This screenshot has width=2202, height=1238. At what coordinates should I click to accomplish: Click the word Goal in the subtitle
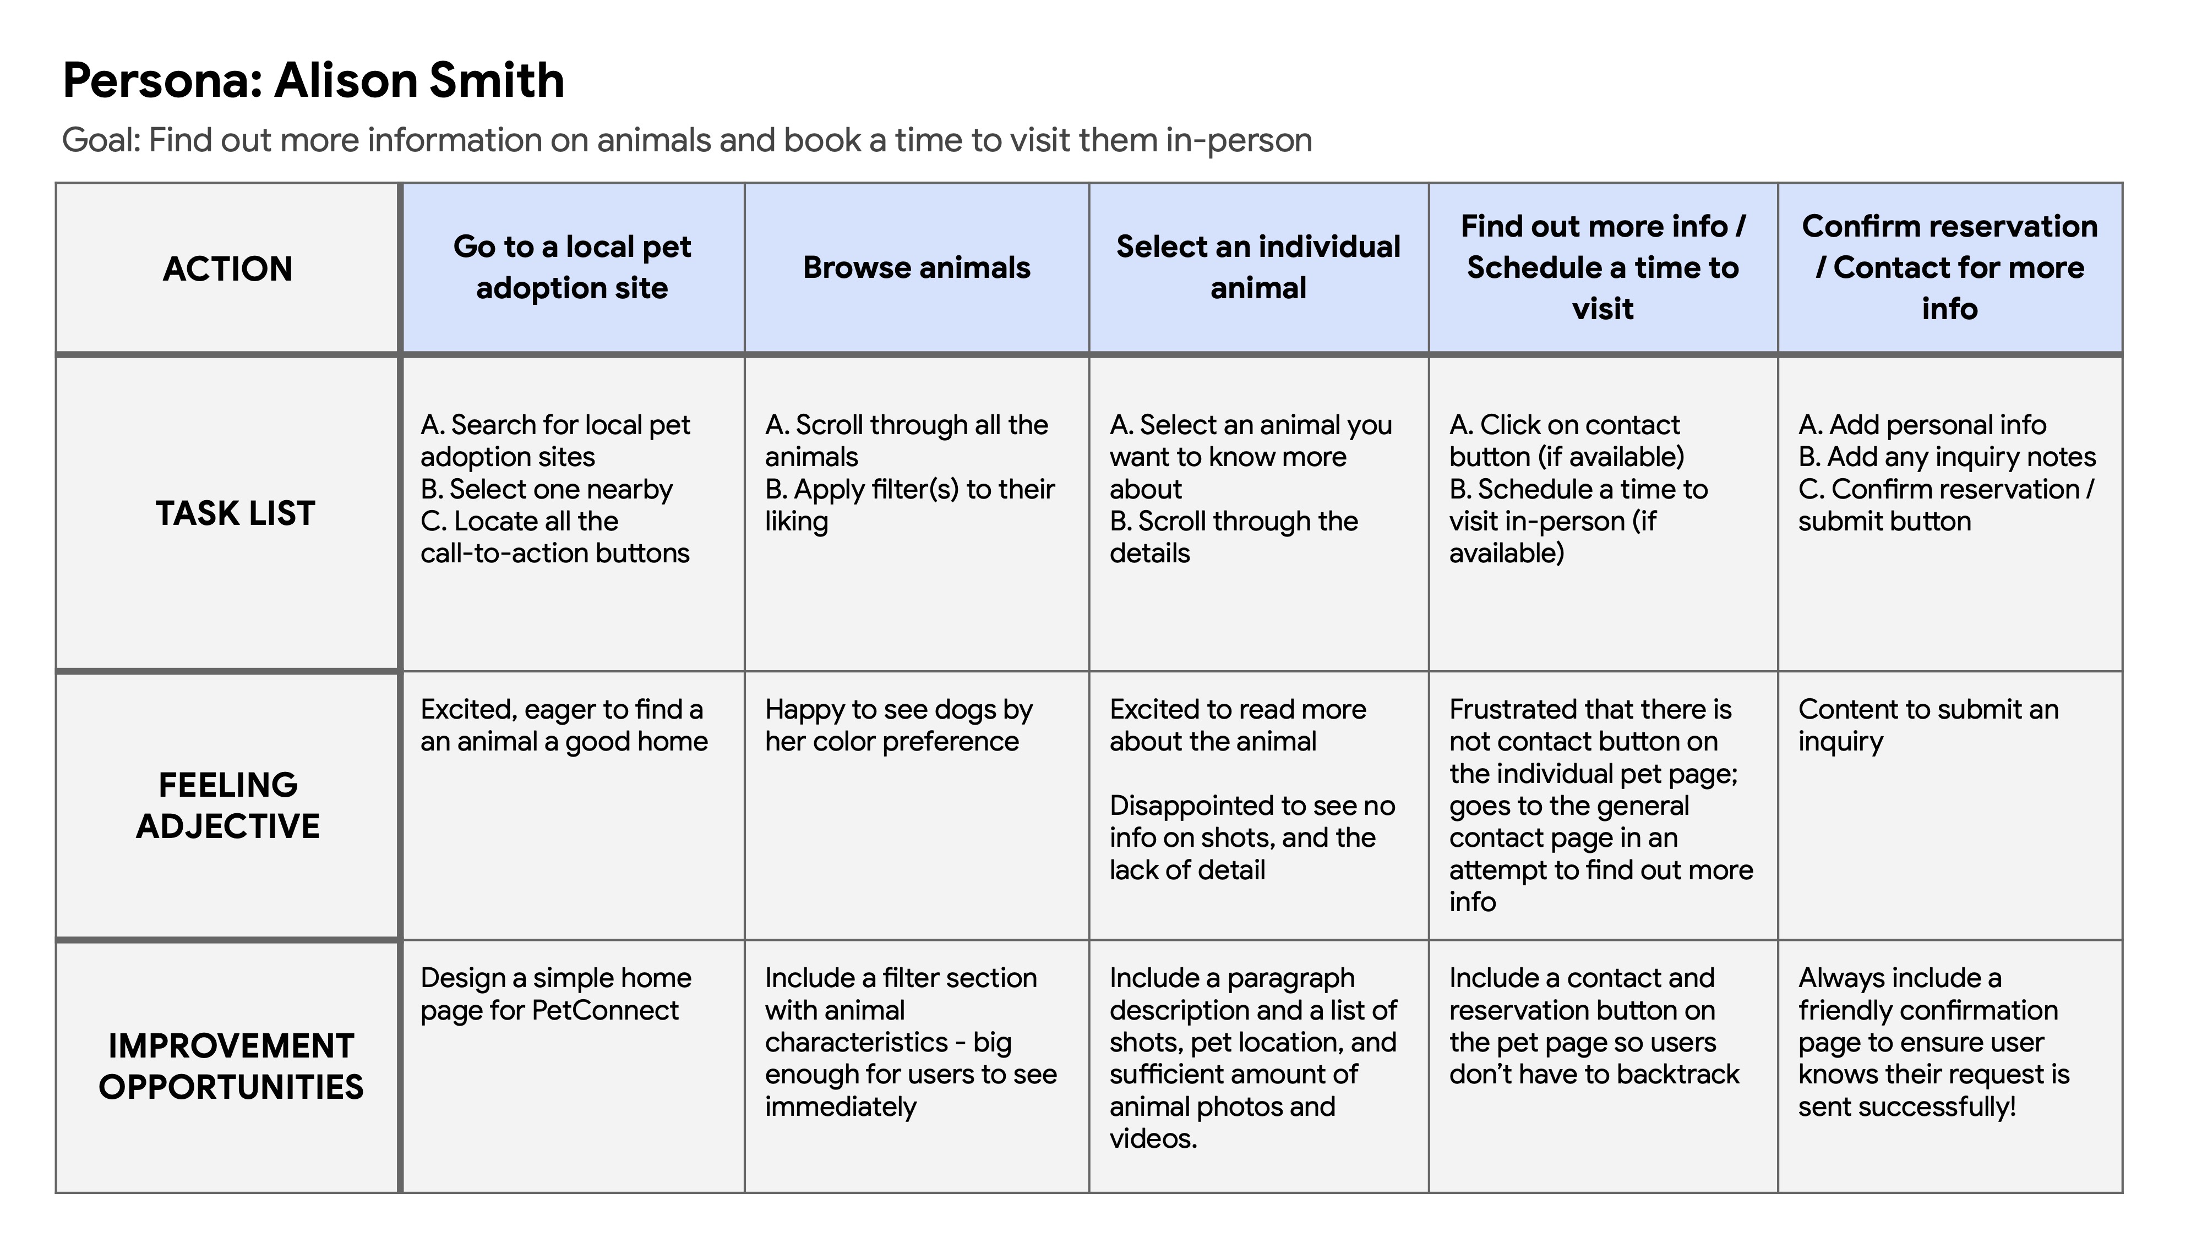tap(99, 141)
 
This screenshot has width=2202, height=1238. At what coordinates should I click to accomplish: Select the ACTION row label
tap(227, 269)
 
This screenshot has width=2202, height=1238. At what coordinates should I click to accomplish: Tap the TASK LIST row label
tap(235, 513)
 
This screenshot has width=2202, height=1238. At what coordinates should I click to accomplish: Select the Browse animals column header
tap(917, 267)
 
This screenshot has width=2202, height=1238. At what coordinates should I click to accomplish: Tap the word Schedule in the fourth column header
tap(1526, 267)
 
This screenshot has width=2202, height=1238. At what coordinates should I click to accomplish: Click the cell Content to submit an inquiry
tap(1928, 725)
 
